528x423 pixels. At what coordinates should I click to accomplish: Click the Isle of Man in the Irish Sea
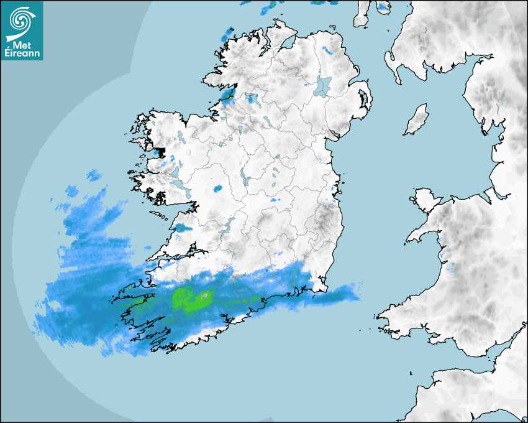417,119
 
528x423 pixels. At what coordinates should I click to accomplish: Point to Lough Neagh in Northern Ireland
323,85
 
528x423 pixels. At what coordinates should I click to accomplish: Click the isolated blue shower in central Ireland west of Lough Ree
218,188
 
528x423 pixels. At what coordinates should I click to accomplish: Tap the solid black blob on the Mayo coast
160,152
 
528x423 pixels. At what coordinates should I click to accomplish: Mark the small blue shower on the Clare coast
180,227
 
